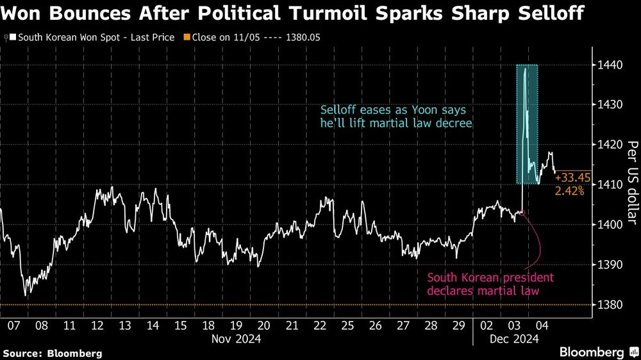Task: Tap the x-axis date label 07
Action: pyautogui.click(x=13, y=325)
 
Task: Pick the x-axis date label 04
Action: pyautogui.click(x=542, y=325)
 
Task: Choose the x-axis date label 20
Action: pyautogui.click(x=263, y=325)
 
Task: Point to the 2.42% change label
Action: pyautogui.click(x=570, y=191)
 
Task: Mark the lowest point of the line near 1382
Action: pyautogui.click(x=26, y=295)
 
